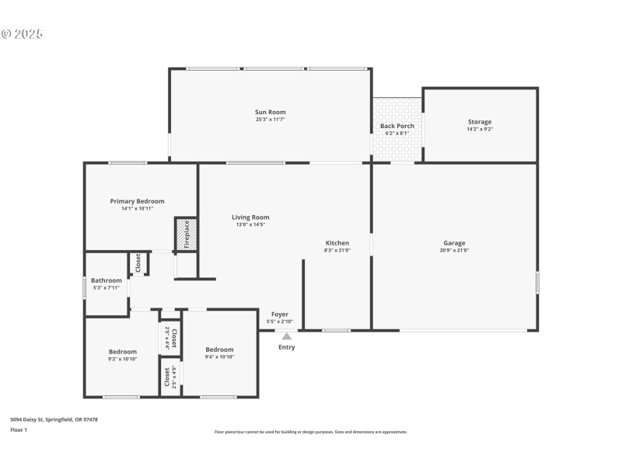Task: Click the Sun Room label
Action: (x=271, y=113)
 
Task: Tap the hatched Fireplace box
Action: (x=185, y=235)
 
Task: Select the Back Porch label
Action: (x=397, y=126)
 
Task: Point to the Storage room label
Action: (x=479, y=122)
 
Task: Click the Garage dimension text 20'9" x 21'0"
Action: (x=454, y=250)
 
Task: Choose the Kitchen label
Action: (x=337, y=243)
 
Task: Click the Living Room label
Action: (x=250, y=217)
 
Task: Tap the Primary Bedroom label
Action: (x=137, y=201)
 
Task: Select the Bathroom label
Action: (x=107, y=280)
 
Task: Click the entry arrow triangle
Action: (x=287, y=336)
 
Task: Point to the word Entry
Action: (x=287, y=347)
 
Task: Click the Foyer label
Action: (x=279, y=315)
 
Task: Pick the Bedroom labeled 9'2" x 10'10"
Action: (x=122, y=352)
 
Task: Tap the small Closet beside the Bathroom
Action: (x=139, y=263)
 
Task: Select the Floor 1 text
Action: (x=19, y=429)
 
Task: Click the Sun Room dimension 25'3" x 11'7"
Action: (x=271, y=120)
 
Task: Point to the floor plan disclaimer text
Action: (x=310, y=432)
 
